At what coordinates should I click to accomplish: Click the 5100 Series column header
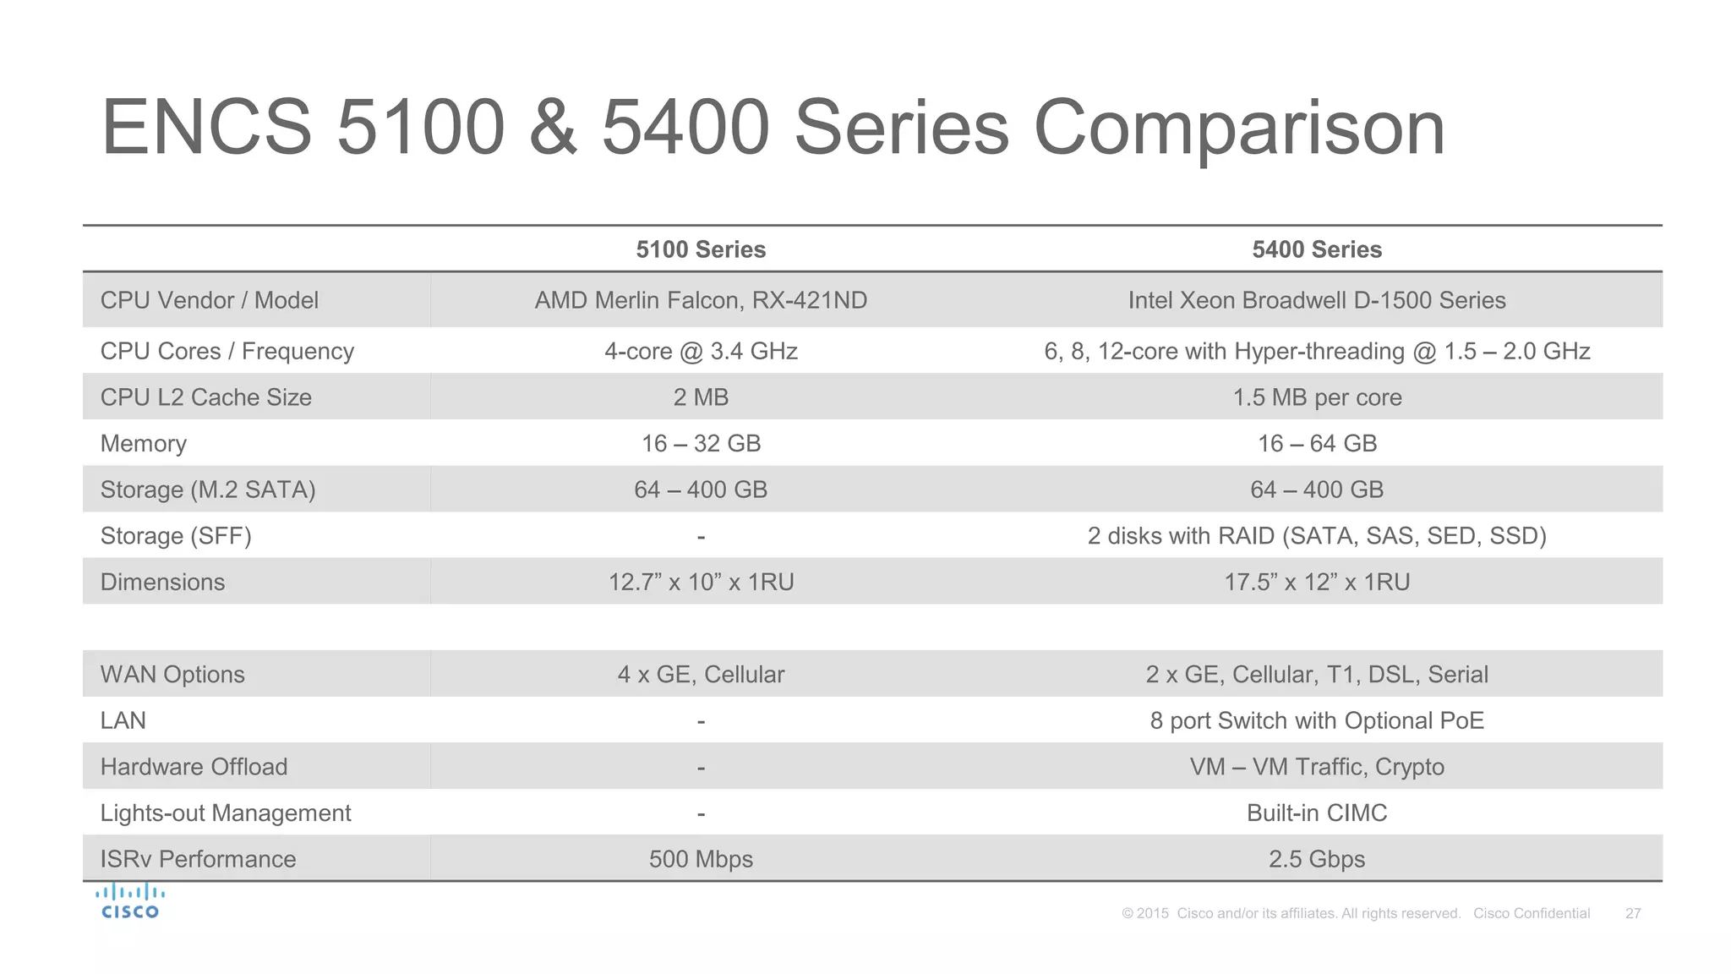(x=701, y=249)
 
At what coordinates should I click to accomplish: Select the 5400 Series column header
(x=1317, y=249)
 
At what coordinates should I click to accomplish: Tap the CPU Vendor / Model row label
(x=210, y=300)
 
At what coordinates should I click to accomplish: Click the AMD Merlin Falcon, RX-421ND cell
(x=701, y=300)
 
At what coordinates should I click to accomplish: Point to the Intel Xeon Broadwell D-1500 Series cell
(x=1317, y=300)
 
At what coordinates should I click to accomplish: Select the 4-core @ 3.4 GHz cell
(x=701, y=351)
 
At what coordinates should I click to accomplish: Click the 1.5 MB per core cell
(x=1317, y=397)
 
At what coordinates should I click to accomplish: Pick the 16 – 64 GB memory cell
(x=1317, y=443)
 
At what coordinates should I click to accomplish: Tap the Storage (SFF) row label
(x=176, y=536)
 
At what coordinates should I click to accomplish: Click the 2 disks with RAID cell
(x=1317, y=536)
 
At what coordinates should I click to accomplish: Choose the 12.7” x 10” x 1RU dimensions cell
(x=701, y=582)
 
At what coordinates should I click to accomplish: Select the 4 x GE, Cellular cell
(x=701, y=675)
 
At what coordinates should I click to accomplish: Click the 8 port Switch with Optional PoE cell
(x=1317, y=720)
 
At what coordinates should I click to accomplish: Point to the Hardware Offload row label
(x=194, y=767)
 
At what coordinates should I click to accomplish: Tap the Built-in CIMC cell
(x=1317, y=813)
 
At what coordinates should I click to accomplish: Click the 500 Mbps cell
(x=701, y=859)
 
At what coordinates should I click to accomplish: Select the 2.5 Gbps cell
(x=1317, y=859)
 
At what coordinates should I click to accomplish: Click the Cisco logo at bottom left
(x=130, y=901)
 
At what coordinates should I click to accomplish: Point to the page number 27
(x=1633, y=913)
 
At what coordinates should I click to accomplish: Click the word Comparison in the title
(x=1239, y=129)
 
